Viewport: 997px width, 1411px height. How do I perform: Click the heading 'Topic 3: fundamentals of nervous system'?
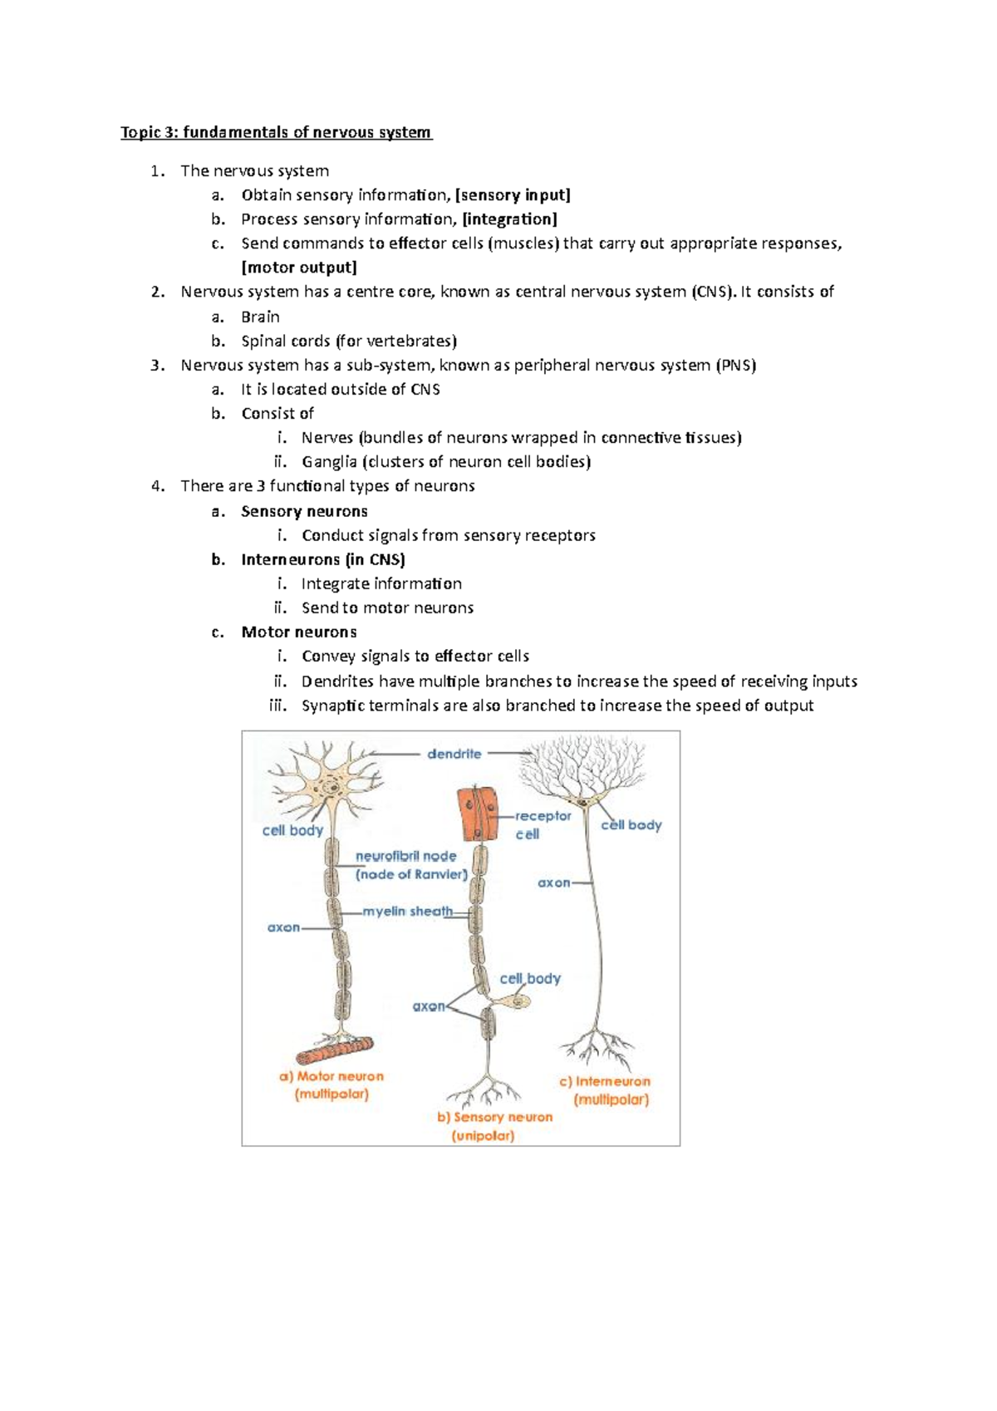276,132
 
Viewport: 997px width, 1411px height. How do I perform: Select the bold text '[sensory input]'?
513,195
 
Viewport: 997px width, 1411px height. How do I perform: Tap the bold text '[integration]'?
509,219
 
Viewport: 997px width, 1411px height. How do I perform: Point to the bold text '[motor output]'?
299,268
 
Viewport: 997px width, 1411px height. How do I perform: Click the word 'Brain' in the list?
260,317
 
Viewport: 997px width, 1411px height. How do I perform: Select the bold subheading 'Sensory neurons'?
304,511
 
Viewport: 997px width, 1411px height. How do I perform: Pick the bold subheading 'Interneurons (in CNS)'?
322,559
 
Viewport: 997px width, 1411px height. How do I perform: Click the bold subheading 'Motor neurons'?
299,632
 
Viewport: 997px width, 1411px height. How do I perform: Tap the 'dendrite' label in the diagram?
454,754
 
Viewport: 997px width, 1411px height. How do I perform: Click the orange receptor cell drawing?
479,813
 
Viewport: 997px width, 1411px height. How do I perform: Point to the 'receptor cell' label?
542,824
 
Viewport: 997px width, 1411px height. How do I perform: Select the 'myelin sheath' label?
407,912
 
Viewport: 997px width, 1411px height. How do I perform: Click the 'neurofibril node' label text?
406,856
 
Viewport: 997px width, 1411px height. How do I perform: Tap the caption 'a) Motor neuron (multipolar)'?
332,1084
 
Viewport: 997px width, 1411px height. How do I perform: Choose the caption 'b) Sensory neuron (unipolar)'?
494,1126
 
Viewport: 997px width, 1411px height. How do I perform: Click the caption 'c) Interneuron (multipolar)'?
606,1090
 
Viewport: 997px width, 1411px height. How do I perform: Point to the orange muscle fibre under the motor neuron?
335,1050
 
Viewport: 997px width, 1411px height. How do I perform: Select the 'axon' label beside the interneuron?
553,882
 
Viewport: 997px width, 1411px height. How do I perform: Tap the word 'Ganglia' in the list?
329,462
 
